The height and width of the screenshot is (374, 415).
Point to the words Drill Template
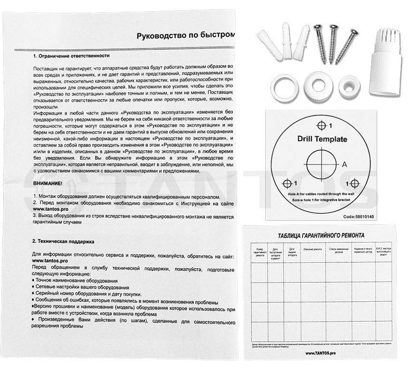coord(322,139)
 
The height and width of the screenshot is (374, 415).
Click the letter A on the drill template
coord(346,164)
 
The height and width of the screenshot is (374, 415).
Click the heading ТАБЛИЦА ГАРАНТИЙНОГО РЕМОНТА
coord(321,235)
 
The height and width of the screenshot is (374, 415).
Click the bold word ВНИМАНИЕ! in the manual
coord(48,183)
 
